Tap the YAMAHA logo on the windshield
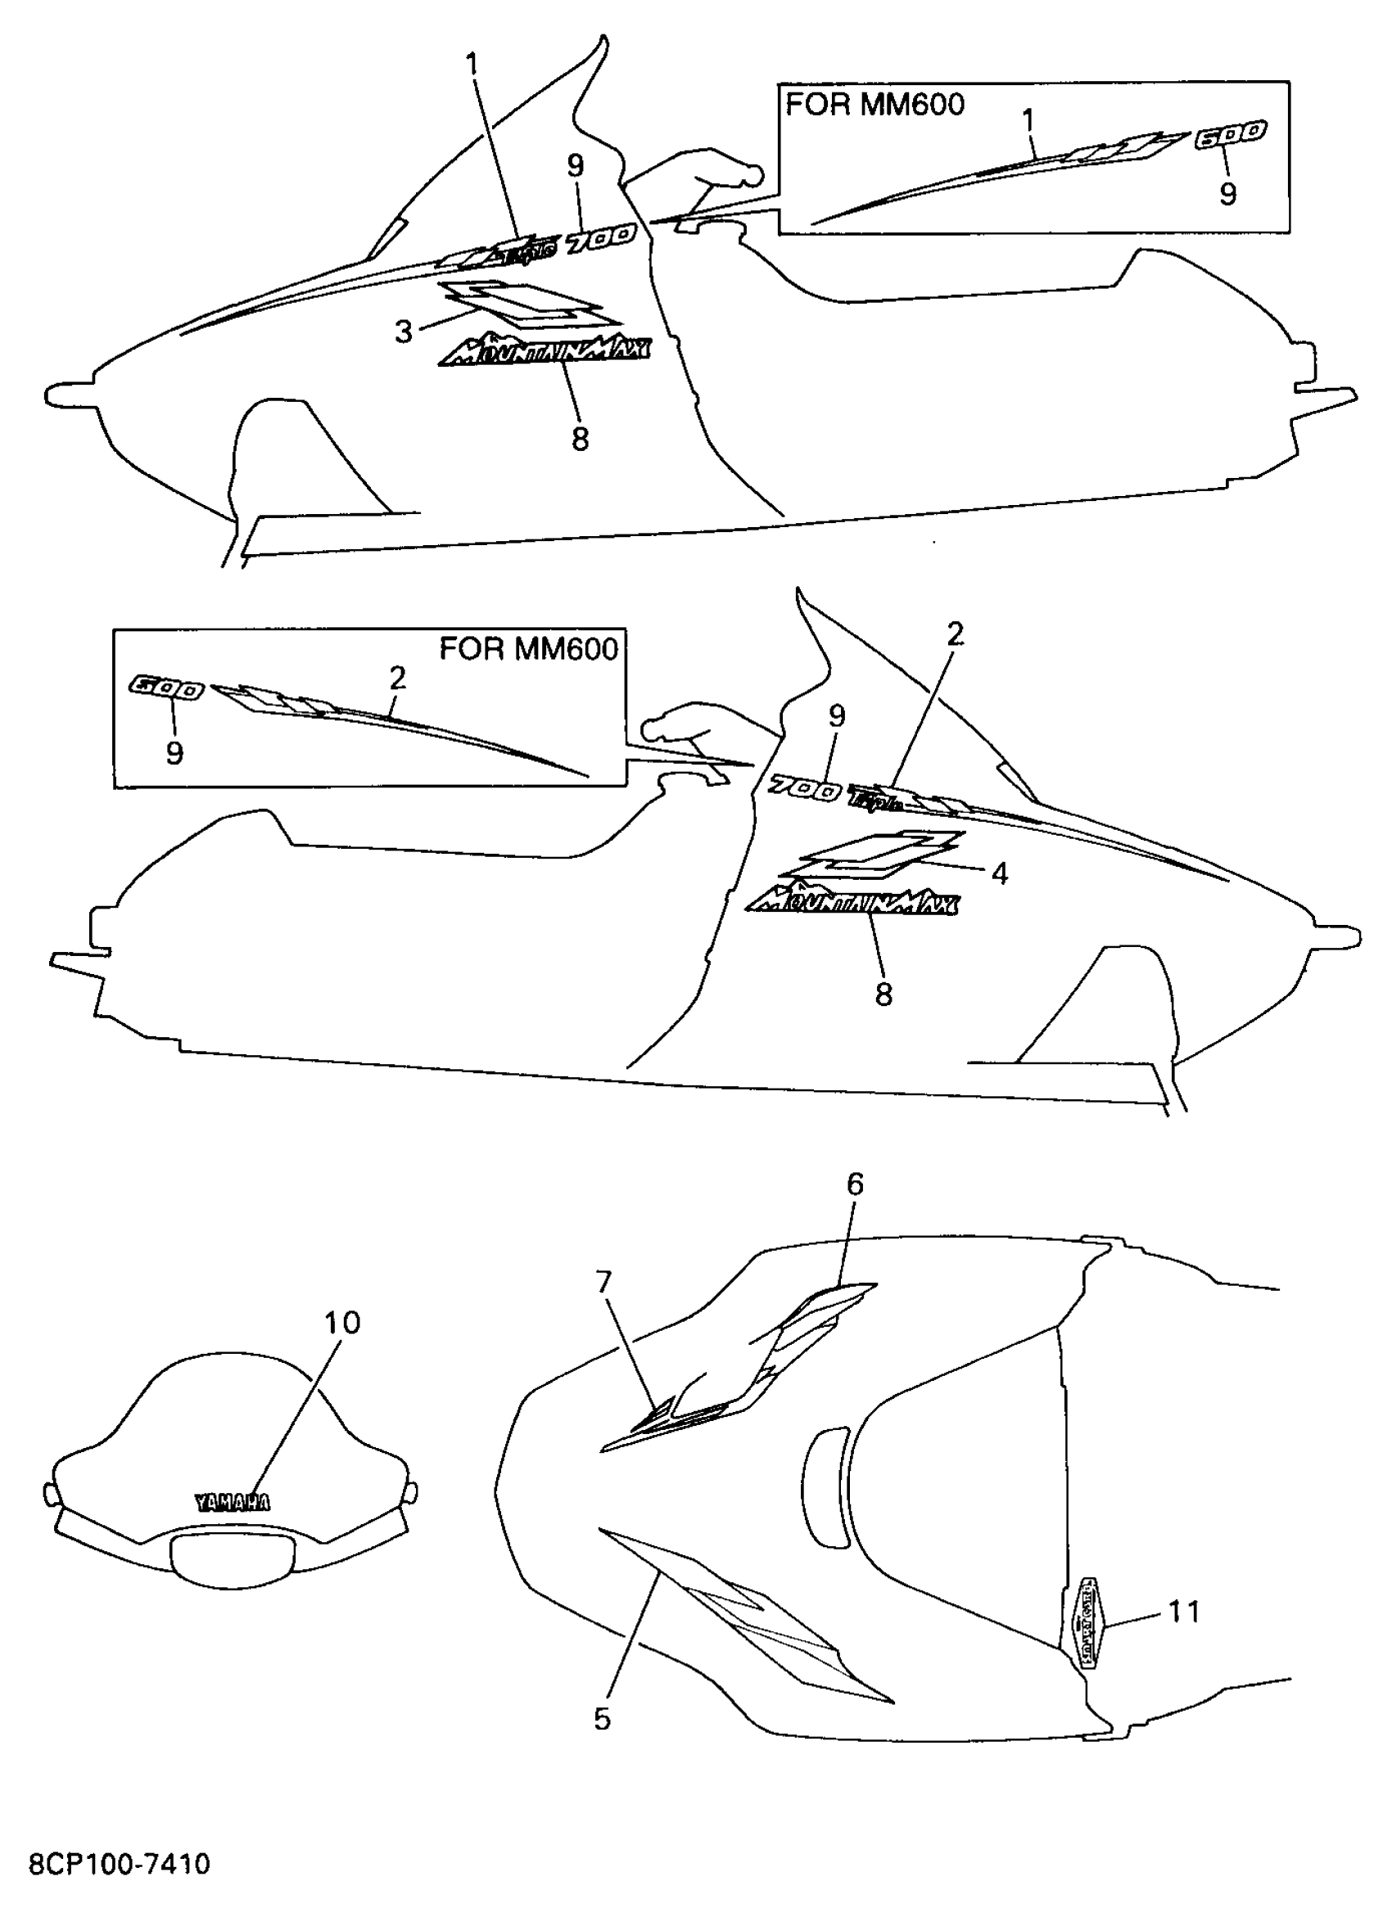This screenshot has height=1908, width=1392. pyautogui.click(x=233, y=1503)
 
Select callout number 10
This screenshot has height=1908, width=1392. pyautogui.click(x=342, y=1324)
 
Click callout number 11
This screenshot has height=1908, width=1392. pyautogui.click(x=1184, y=1612)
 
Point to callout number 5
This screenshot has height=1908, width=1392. pyautogui.click(x=602, y=1718)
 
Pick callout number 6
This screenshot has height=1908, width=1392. pyautogui.click(x=854, y=1184)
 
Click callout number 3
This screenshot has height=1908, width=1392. pyautogui.click(x=404, y=332)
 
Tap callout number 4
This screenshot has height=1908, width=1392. pyautogui.click(x=999, y=873)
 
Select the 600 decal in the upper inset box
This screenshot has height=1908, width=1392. pyautogui.click(x=1231, y=134)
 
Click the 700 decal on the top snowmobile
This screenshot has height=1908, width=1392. pyautogui.click(x=600, y=239)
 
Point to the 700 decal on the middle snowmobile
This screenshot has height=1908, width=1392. pyautogui.click(x=805, y=789)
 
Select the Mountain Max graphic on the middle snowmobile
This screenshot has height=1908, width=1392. pyautogui.click(x=852, y=903)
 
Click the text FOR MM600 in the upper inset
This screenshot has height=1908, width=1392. pyautogui.click(x=875, y=105)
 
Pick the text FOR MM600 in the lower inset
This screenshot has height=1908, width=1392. pyautogui.click(x=528, y=648)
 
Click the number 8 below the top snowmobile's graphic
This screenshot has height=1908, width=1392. pyautogui.click(x=580, y=439)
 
